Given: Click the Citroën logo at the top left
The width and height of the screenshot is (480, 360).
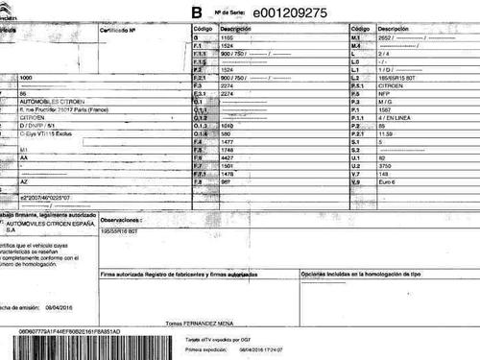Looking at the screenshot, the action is coord(11,9).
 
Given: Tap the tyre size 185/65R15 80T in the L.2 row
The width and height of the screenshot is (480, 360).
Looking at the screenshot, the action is coord(398,77).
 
